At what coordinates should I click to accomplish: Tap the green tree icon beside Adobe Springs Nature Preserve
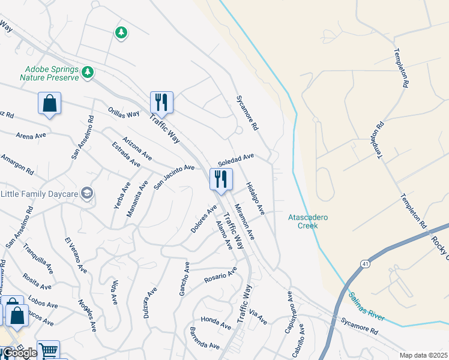(x=88, y=73)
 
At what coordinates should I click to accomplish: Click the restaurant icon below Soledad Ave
(x=221, y=179)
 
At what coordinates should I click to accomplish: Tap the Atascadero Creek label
(x=308, y=221)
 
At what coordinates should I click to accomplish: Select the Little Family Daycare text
(x=39, y=193)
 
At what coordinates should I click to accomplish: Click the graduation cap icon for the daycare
(x=87, y=193)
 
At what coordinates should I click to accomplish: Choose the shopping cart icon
(x=48, y=350)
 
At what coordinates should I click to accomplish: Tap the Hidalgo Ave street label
(x=255, y=199)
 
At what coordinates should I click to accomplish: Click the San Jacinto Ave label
(x=174, y=176)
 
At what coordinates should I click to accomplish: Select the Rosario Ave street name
(x=220, y=277)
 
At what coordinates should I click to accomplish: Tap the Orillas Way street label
(x=124, y=113)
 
